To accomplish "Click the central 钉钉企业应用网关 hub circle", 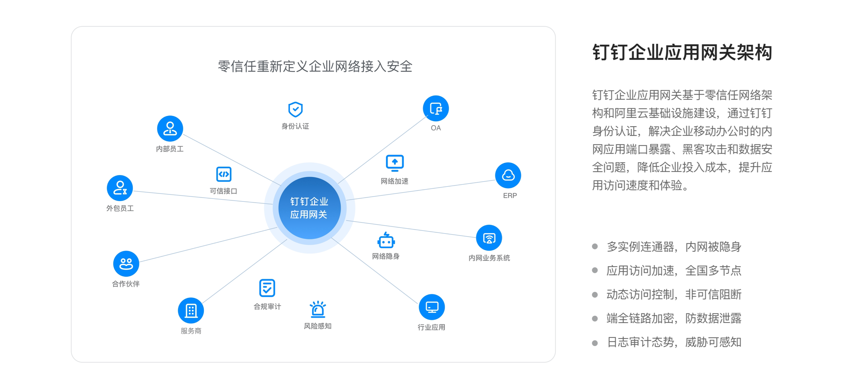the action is (310, 208).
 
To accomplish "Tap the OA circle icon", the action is (436, 108).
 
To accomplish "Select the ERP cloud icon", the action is (508, 175).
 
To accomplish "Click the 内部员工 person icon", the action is (170, 129).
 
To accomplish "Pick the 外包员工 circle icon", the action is (120, 188).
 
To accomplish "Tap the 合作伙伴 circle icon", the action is (126, 264).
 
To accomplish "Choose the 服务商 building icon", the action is (191, 311).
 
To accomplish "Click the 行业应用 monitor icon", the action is (432, 307).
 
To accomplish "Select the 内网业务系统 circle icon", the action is (489, 238).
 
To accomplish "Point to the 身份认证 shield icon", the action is (295, 109).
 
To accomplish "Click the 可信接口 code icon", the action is (224, 174).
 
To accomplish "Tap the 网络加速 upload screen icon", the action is (395, 163).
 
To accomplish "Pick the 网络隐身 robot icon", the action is (386, 240).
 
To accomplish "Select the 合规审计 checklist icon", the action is (267, 288).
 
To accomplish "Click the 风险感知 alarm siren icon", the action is (318, 309).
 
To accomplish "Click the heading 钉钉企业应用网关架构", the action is (682, 53).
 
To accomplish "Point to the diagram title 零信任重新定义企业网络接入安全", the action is (315, 66).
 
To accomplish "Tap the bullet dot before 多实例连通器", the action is (595, 247).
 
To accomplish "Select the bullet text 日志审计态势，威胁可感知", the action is (674, 342).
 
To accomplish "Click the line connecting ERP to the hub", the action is (420, 190).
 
